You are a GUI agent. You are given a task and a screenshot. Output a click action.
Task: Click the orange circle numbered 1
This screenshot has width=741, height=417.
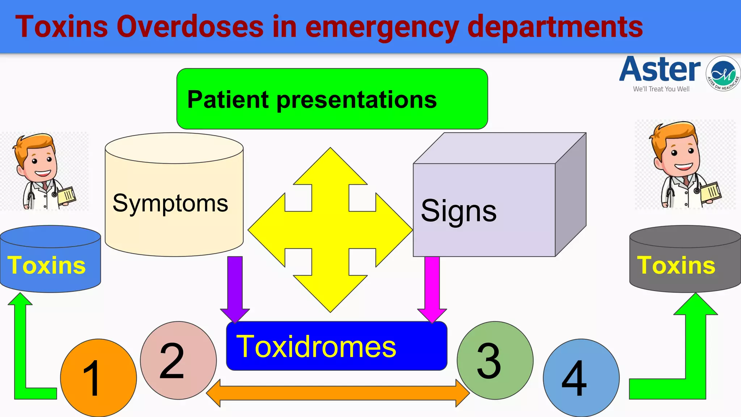98,378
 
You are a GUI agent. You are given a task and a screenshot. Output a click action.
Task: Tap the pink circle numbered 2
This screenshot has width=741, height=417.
178,360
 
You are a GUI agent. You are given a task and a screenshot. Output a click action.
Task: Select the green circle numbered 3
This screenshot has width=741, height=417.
495,360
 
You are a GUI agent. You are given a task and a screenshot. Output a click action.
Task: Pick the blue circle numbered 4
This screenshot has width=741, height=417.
581,378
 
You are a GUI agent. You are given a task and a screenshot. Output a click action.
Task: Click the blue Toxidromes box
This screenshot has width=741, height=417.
336,346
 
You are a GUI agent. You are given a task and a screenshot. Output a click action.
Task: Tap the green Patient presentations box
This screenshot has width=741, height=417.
332,99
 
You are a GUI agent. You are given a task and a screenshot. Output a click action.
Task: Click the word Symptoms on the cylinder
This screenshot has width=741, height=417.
170,203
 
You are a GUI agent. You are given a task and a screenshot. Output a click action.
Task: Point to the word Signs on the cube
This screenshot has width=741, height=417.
458,211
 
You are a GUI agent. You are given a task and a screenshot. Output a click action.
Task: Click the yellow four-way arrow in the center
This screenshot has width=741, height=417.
330,230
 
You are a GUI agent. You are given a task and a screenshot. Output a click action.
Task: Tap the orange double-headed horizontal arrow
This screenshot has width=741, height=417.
338,393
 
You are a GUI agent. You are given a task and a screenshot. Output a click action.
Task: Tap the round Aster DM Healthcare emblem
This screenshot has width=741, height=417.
723,73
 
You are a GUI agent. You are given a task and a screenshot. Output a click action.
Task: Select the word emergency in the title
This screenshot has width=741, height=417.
382,27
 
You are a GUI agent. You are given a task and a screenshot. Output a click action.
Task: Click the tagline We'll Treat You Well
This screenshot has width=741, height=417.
661,89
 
